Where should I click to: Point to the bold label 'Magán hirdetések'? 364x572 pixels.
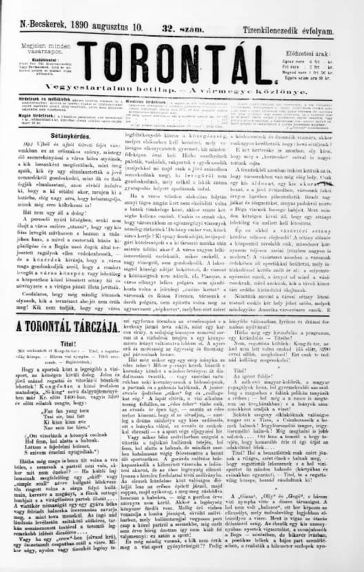click(x=26, y=115)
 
